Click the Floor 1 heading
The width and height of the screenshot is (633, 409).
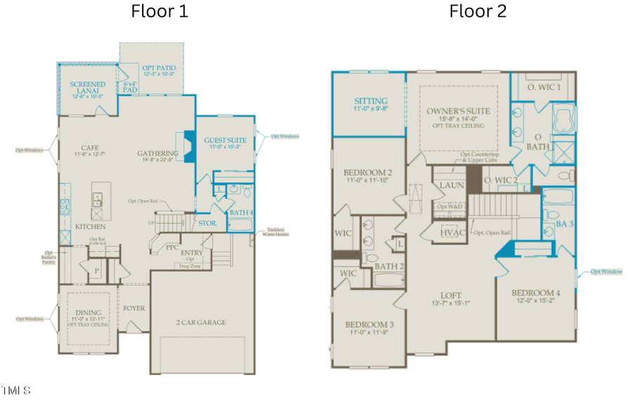(x=160, y=11)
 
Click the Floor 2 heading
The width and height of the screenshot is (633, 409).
(x=478, y=11)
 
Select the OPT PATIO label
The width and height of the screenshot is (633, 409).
(x=152, y=66)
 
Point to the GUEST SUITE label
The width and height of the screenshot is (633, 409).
(x=225, y=141)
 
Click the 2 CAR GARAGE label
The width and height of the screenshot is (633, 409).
(x=201, y=322)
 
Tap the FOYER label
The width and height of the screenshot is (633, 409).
(x=134, y=308)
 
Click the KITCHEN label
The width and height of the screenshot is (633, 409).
(x=91, y=227)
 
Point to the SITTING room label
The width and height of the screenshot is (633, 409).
(x=370, y=101)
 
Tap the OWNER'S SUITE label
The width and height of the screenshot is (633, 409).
(x=458, y=111)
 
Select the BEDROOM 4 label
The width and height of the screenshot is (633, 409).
(x=536, y=293)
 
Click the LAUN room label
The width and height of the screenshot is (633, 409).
(x=451, y=185)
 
